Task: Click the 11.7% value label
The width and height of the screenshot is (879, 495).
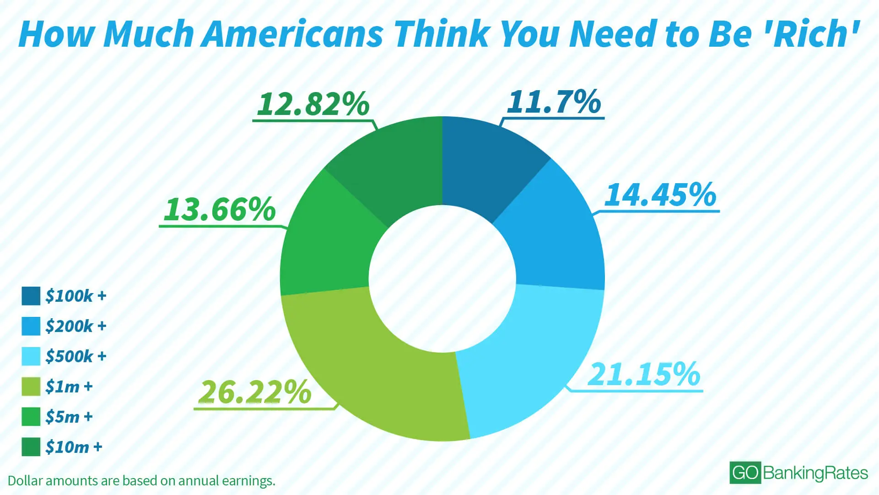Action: point(554,102)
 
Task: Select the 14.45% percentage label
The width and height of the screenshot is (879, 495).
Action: point(660,195)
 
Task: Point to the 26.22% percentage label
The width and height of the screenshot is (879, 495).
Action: point(255,392)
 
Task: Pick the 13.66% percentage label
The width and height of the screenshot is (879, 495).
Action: point(220,209)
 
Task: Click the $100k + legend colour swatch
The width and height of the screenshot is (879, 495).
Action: point(31,296)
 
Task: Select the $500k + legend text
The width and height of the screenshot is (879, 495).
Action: point(76,356)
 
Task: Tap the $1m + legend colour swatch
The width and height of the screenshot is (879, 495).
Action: point(31,386)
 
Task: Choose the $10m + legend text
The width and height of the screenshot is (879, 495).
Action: point(74,447)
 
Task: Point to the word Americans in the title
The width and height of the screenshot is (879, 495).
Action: point(293,34)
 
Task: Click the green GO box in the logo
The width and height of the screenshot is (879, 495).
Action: point(745,473)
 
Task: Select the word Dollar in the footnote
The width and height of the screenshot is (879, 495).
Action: point(25,481)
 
